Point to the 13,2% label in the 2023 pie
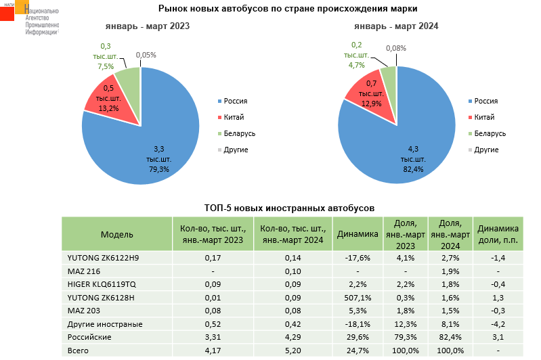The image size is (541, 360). [x=108, y=108]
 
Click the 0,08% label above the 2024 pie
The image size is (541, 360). [x=396, y=48]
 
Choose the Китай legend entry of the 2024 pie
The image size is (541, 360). [x=483, y=117]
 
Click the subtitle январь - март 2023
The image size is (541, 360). [x=147, y=26]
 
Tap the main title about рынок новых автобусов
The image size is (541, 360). [x=288, y=9]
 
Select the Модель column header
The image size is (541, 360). [x=117, y=234]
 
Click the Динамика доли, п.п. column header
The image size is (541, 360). [x=498, y=234]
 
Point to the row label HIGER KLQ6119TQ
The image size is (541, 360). [x=102, y=284]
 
